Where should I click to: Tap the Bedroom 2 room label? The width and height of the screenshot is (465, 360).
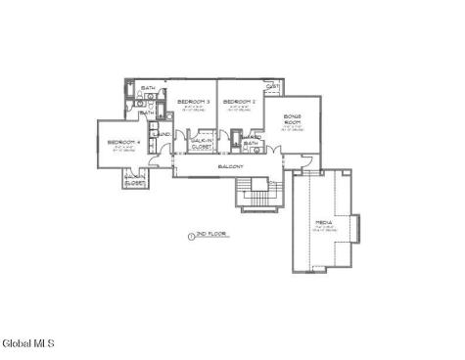point(240,101)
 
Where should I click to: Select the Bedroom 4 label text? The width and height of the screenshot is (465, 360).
point(123,143)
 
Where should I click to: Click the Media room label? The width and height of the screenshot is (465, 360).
point(324,223)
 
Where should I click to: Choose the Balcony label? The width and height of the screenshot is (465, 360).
point(231,166)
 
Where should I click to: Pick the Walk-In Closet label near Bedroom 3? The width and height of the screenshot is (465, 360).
point(203,144)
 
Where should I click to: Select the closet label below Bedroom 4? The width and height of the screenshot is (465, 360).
point(135,178)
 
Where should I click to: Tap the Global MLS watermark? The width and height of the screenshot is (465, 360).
point(27,343)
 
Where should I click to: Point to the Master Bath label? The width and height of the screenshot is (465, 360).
point(251,140)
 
